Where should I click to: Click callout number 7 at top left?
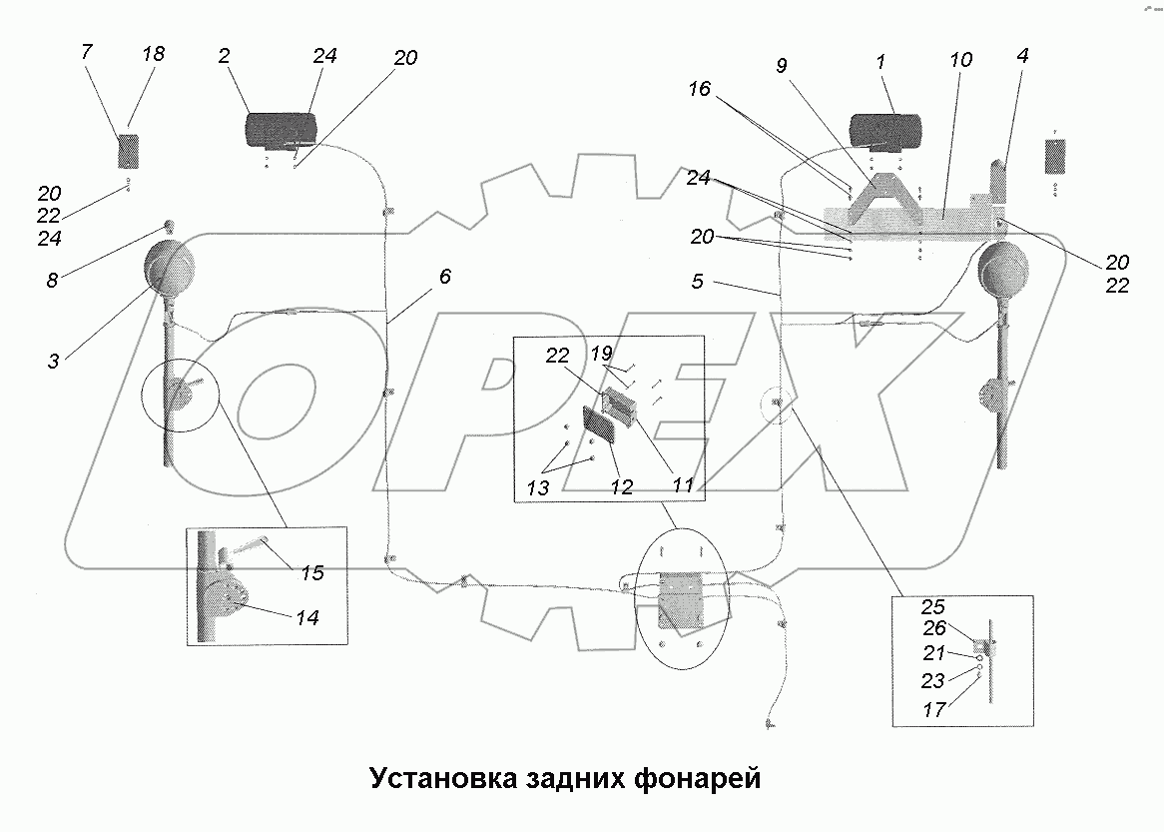click(x=88, y=52)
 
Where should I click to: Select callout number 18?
click(x=154, y=53)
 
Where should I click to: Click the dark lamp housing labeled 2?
click(x=282, y=132)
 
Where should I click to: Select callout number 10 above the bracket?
click(x=960, y=60)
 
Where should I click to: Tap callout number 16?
click(x=699, y=89)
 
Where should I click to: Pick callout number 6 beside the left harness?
click(x=444, y=277)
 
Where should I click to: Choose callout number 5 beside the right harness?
click(x=697, y=283)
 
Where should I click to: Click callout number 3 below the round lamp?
click(x=53, y=361)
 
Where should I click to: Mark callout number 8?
click(x=52, y=281)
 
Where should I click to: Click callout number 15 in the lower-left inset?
click(x=311, y=574)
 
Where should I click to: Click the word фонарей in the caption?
click(x=698, y=777)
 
